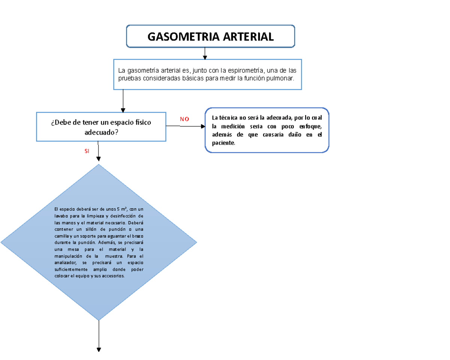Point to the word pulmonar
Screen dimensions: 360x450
282,78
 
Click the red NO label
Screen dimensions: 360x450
184,119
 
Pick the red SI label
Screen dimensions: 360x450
87,151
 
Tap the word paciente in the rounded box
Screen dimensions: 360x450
223,143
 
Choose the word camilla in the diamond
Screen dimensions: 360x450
61,235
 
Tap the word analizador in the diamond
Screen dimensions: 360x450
66,263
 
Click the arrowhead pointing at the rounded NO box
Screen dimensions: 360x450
203,126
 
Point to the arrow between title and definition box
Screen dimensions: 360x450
205,53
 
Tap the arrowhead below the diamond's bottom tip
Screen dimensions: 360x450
99,349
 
